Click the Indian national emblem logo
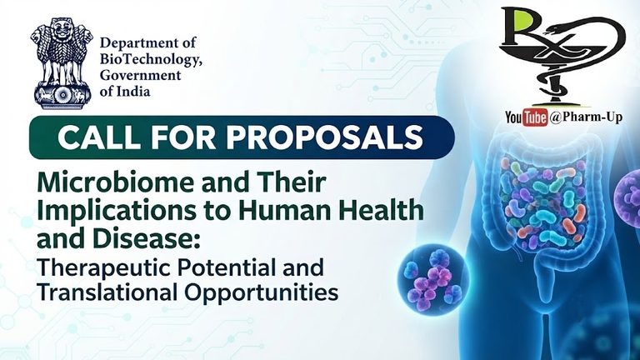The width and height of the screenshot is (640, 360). (62, 63)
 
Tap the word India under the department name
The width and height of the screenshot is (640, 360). (133, 92)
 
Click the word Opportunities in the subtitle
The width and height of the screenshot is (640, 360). (262, 292)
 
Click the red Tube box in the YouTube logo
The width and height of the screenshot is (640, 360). (535, 118)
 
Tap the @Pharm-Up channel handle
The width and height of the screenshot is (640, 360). (586, 117)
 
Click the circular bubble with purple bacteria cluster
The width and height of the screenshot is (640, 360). (433, 280)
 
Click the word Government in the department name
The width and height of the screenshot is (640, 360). (140, 76)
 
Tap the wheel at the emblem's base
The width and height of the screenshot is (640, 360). (62, 96)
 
